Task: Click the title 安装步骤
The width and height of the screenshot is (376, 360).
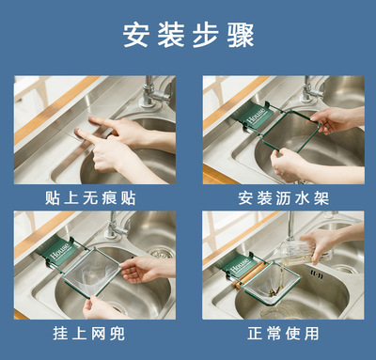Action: pyautogui.click(x=188, y=35)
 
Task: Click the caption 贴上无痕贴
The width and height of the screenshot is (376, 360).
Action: pyautogui.click(x=90, y=198)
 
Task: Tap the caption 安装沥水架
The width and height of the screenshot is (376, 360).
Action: pyautogui.click(x=284, y=198)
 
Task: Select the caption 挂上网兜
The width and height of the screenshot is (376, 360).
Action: pyautogui.click(x=89, y=333)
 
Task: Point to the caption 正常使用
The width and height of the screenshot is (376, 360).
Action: pyautogui.click(x=283, y=333)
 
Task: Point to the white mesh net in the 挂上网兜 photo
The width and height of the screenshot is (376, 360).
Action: pyautogui.click(x=91, y=274)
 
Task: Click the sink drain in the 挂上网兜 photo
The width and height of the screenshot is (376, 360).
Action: pyautogui.click(x=161, y=252)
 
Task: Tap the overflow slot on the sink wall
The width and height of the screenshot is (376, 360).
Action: pyautogui.click(x=317, y=274)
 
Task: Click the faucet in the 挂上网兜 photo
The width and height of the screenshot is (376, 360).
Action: pyautogui.click(x=117, y=225)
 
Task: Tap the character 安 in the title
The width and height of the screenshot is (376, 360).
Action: pyautogui.click(x=135, y=35)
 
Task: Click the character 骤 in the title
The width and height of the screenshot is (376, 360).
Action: pyautogui.click(x=241, y=35)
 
